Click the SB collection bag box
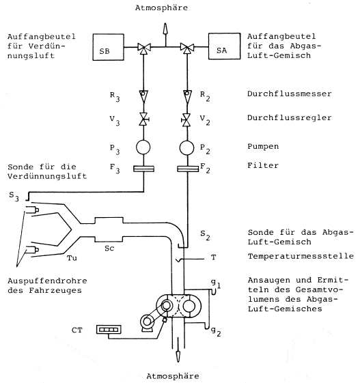point(108,47)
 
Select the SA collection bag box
point(224,46)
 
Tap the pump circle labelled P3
point(143,147)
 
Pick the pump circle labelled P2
point(187,147)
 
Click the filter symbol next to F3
point(143,169)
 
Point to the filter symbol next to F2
point(188,169)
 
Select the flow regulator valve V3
point(144,119)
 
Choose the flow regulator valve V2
point(186,120)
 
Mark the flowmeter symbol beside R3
point(143,96)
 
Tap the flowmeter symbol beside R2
point(187,96)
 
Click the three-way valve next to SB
point(144,48)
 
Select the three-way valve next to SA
point(187,48)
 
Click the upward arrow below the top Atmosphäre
point(165,34)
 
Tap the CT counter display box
point(109,330)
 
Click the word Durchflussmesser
point(290,94)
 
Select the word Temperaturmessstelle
point(301,256)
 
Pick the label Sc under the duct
point(109,249)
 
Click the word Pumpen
point(263,147)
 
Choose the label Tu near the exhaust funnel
point(72,258)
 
